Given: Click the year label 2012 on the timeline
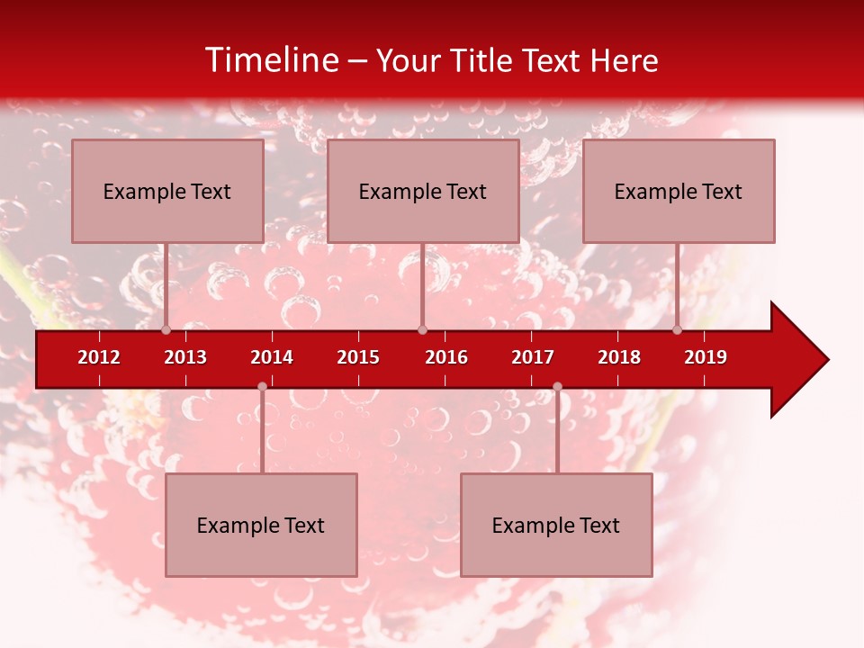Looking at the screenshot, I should [99, 357].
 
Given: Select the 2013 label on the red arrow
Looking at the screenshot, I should [185, 357].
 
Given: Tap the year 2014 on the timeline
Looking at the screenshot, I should [272, 357].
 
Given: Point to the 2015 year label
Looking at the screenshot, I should [358, 357].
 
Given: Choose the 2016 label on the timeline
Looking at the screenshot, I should [446, 357].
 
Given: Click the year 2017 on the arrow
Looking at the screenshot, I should [533, 357].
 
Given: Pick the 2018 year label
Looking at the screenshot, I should [619, 357].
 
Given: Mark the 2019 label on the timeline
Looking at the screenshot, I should [706, 357].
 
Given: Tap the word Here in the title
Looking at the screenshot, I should [624, 61].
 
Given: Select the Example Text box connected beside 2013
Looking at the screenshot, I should [167, 191].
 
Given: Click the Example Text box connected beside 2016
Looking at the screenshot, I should [423, 191].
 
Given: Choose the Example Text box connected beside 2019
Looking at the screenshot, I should [679, 191].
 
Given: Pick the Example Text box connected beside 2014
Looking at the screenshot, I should [261, 525].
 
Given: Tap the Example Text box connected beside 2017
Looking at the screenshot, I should [556, 525].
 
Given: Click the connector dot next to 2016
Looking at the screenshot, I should [422, 329].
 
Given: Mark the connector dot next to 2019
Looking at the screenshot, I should [678, 329].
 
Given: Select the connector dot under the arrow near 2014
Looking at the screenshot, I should [262, 386].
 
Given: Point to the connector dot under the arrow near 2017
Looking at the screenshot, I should [557, 386].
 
